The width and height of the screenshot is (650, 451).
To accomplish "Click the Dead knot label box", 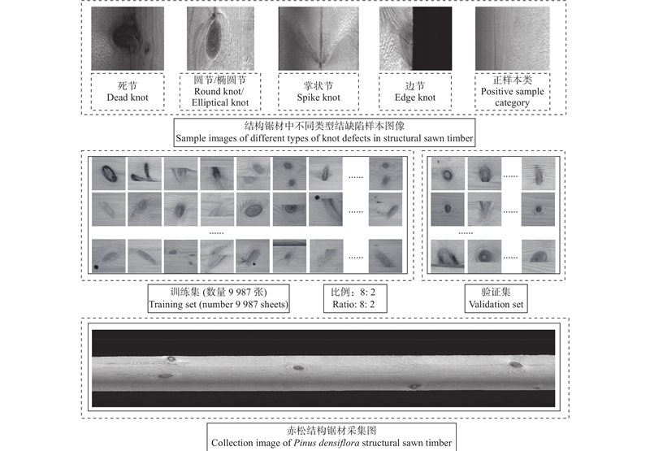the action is click(x=128, y=92).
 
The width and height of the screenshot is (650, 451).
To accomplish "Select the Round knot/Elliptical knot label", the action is click(x=220, y=92).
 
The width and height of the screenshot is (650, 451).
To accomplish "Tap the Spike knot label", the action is click(x=318, y=92).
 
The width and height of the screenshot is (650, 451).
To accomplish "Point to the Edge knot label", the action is click(x=415, y=92).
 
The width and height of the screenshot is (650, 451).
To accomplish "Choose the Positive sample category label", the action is click(x=513, y=92).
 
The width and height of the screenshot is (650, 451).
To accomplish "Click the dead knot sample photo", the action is click(x=128, y=38).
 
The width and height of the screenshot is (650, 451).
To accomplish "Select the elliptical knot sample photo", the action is click(x=220, y=38).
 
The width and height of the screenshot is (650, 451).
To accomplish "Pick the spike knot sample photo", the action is click(x=318, y=38).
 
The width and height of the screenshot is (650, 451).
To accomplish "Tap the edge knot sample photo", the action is click(x=415, y=38).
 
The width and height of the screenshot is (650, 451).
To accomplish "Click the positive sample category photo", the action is click(x=513, y=38).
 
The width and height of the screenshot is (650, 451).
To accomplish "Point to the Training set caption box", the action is click(x=219, y=298).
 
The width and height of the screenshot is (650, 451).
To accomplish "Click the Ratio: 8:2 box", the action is click(x=355, y=298).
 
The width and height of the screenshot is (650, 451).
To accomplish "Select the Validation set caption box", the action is click(x=496, y=298).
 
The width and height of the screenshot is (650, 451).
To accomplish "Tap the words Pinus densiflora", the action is click(x=327, y=443).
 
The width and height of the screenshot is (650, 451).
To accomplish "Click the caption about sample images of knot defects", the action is click(x=324, y=132).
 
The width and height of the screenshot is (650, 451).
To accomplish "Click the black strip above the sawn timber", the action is click(x=323, y=343).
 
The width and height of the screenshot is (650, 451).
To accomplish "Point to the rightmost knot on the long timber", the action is click(x=516, y=365).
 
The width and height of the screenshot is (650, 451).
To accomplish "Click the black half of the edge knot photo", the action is click(x=432, y=38).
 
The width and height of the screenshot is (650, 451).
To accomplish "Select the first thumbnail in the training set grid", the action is click(x=109, y=174).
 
